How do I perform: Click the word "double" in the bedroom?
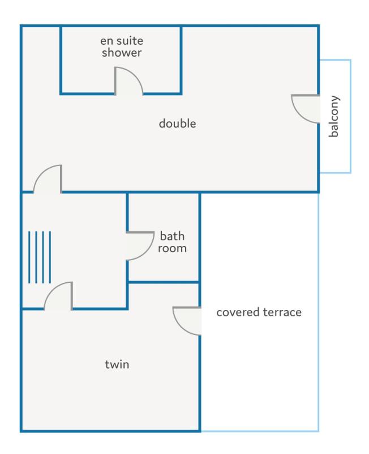(x=177, y=124)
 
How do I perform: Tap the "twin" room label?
(x=117, y=364)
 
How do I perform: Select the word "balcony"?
(x=334, y=116)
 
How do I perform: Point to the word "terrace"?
(x=282, y=312)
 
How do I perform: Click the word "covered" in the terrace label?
(x=238, y=312)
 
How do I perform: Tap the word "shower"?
(x=122, y=53)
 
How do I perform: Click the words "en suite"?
(x=122, y=41)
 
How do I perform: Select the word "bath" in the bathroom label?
(x=172, y=236)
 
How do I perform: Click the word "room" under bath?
(x=172, y=248)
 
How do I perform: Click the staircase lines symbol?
(x=40, y=257)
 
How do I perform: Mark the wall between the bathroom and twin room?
(x=164, y=282)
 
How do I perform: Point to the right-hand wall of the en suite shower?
(x=181, y=60)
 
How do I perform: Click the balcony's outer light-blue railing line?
(x=350, y=116)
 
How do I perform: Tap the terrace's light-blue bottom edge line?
(x=260, y=431)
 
